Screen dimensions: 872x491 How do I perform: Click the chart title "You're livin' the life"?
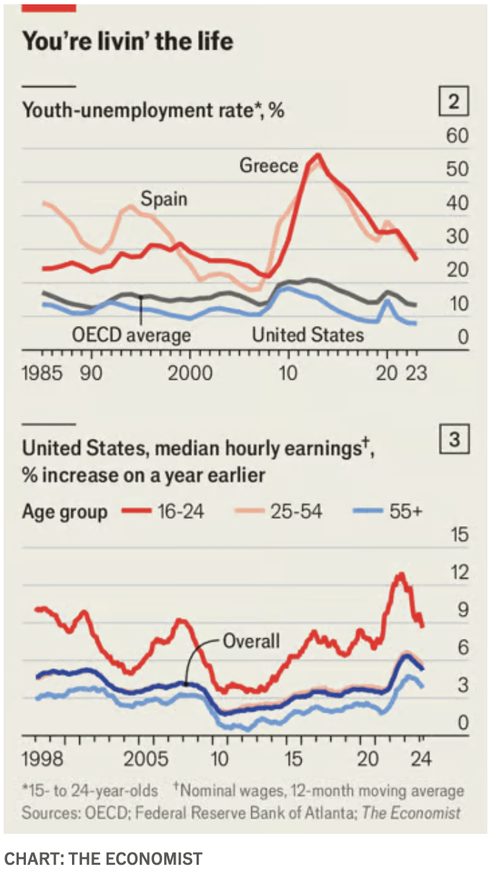[127, 41]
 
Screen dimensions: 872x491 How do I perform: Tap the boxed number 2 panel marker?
[454, 102]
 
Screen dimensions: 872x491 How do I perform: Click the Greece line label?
[269, 166]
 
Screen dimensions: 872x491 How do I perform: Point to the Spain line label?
[163, 198]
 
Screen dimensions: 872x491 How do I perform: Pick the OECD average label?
[132, 335]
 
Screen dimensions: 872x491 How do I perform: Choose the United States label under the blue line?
[307, 335]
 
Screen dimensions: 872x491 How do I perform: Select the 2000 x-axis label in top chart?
[190, 373]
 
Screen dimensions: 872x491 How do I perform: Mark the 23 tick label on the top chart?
[415, 373]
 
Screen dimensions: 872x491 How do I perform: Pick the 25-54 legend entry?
[296, 512]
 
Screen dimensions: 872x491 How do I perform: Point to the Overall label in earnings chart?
[251, 640]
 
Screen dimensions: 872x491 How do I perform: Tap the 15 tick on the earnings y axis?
[458, 535]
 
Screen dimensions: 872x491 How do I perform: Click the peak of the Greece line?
[317, 155]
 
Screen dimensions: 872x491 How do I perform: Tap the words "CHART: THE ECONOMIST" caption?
[103, 858]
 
